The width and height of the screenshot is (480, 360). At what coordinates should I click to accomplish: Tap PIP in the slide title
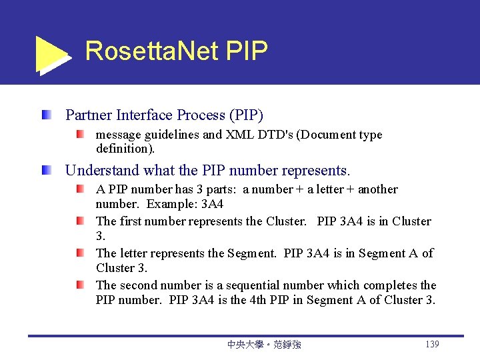click(247, 51)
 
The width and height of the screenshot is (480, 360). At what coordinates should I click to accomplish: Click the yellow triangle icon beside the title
click(51, 54)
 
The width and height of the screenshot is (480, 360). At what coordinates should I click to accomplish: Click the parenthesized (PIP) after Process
click(246, 115)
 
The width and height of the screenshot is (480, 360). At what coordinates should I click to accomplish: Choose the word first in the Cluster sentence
click(132, 221)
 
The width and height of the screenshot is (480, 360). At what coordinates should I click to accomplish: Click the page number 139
click(431, 344)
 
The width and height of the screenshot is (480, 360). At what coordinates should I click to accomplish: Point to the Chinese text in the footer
click(264, 345)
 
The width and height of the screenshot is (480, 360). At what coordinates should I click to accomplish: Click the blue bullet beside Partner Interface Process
click(45, 115)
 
